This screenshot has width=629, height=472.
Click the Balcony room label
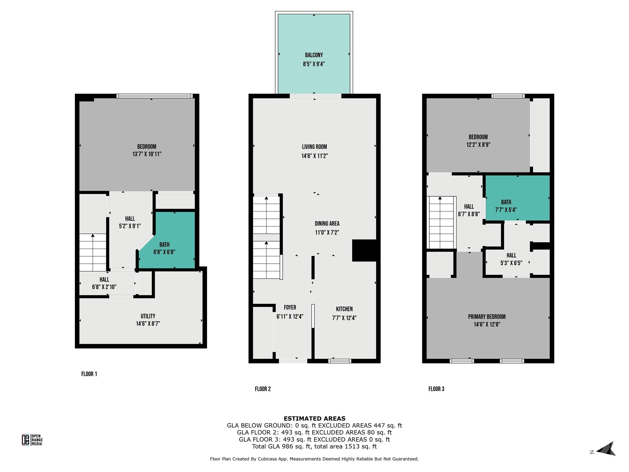pos(314,55)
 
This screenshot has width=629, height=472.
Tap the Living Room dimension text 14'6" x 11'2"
pos(314,156)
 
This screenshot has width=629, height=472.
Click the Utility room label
pos(148,316)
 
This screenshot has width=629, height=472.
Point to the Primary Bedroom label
pos(486,317)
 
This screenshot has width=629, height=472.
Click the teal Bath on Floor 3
pos(517,198)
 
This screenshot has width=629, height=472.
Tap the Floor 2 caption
pos(263,389)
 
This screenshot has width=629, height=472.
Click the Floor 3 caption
pos(436,389)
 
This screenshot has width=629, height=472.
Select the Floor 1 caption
pos(89,374)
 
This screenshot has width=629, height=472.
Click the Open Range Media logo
pos(32,440)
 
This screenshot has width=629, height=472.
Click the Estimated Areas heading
pos(314,418)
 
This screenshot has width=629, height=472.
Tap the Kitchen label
pos(344,309)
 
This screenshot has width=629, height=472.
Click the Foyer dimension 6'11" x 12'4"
pos(290,316)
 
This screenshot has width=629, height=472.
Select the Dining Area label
pos(327,223)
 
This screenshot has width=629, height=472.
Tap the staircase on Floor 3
pos(441,222)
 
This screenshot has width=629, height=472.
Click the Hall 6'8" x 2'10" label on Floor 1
pos(104,283)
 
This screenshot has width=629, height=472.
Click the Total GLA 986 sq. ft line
pos(314,446)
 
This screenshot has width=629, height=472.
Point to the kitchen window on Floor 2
pos(340,361)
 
